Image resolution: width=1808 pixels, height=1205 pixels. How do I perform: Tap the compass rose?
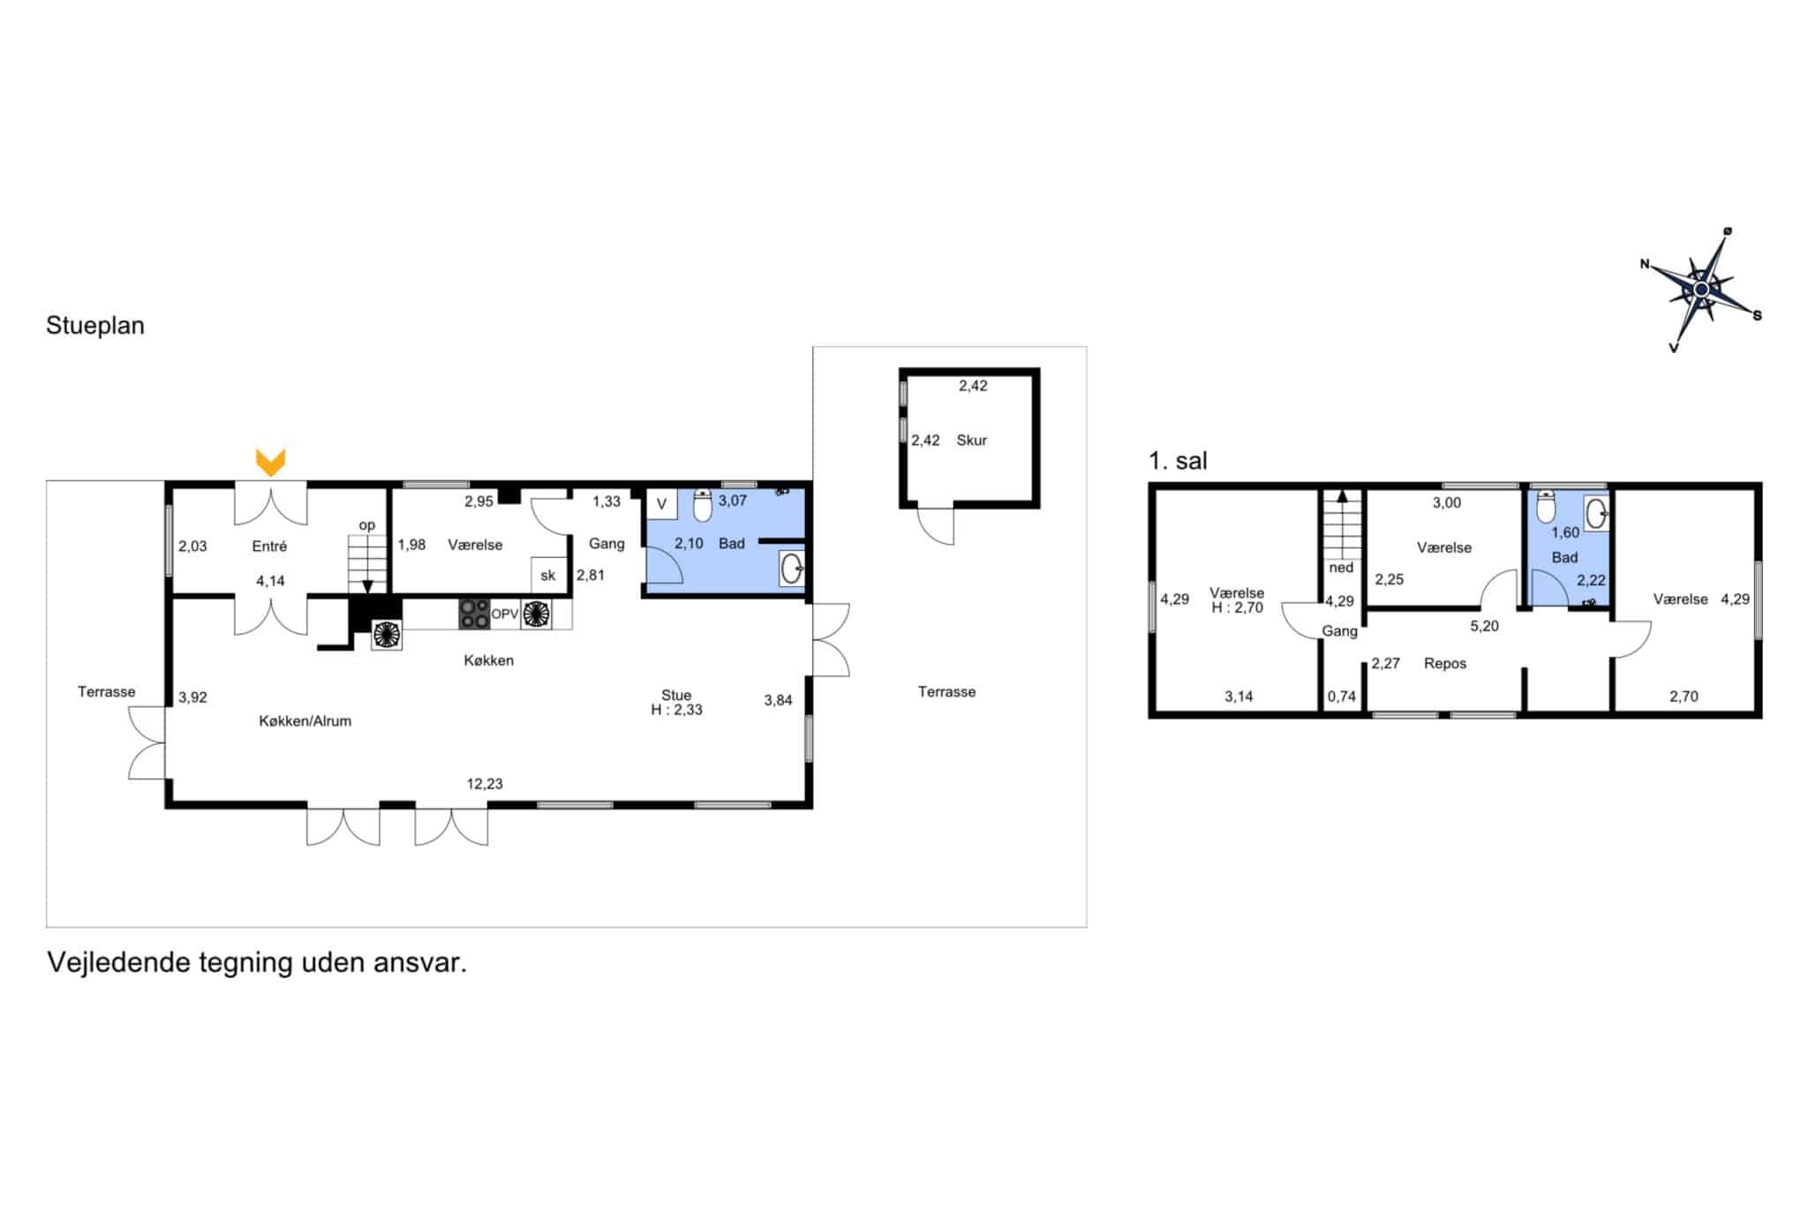click(1700, 290)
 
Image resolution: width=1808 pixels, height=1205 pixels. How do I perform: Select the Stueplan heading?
click(95, 326)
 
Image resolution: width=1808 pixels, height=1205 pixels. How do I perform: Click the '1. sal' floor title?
click(1178, 461)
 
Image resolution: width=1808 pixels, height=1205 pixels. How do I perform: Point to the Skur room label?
click(971, 441)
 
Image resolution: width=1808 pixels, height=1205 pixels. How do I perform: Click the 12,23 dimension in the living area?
click(485, 784)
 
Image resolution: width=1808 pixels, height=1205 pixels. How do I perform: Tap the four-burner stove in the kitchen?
click(474, 614)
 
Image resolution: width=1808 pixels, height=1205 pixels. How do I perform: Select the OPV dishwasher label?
click(504, 614)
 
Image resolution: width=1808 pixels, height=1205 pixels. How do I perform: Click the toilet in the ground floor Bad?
click(703, 506)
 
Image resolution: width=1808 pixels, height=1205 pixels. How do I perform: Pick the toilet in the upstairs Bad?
click(1545, 507)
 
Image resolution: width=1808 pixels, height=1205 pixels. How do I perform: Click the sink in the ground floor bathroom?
click(792, 569)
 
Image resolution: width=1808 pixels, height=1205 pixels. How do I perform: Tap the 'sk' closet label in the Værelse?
click(548, 576)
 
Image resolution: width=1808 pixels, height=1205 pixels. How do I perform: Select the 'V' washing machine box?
click(661, 504)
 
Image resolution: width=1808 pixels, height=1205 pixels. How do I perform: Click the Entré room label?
click(269, 546)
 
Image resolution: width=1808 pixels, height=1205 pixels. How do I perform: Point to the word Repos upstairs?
click(1445, 664)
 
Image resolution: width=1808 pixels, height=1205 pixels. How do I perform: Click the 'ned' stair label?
click(1341, 568)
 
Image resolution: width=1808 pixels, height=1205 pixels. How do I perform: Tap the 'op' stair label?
click(367, 525)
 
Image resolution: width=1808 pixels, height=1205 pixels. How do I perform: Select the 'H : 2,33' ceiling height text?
click(676, 710)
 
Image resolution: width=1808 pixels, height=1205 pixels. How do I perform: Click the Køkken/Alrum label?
click(305, 721)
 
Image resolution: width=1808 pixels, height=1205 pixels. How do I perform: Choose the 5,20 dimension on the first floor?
click(1484, 626)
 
